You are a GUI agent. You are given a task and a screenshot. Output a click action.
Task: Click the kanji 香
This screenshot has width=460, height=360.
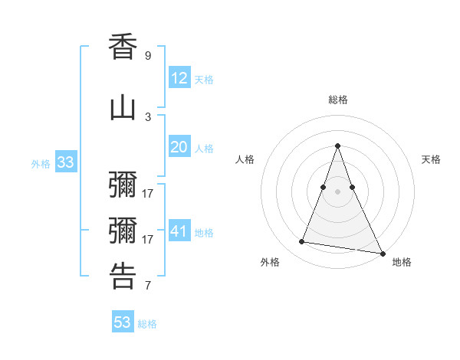click(123, 47)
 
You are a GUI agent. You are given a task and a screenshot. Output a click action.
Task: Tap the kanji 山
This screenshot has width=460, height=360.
click(123, 108)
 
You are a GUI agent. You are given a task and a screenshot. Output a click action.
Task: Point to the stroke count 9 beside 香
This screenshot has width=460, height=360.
click(148, 56)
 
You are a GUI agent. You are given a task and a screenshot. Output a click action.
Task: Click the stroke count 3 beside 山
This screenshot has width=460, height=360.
click(148, 116)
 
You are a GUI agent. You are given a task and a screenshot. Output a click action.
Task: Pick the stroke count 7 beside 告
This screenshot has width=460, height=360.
click(148, 286)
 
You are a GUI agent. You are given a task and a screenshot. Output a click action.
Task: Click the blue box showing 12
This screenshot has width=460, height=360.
click(179, 78)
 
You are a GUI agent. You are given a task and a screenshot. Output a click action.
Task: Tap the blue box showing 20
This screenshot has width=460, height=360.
click(179, 147)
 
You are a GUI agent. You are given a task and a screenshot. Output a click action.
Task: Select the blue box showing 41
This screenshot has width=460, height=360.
click(179, 231)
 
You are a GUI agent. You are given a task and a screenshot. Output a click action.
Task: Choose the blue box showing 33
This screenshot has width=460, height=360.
click(65, 162)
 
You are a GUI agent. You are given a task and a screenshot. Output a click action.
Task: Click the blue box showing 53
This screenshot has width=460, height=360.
click(123, 322)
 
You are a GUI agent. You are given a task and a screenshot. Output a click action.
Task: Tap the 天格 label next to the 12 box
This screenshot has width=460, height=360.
click(204, 80)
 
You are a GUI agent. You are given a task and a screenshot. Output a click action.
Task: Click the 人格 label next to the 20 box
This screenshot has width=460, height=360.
click(204, 149)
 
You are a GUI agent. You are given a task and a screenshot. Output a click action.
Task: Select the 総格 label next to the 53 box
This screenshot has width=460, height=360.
click(147, 324)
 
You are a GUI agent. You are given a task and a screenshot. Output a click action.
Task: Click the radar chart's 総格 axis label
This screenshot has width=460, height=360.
click(338, 100)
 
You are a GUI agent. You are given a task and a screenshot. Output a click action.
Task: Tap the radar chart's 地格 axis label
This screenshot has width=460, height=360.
click(402, 262)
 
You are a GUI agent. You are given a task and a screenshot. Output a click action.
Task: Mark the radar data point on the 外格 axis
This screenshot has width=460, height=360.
click(302, 242)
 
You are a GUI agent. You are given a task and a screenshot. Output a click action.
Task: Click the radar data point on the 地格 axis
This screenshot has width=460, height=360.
click(382, 252)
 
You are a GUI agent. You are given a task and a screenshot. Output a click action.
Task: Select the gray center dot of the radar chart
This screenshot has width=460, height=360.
click(338, 191)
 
